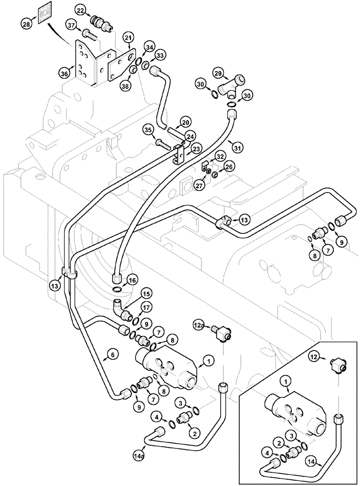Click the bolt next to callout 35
tap(163, 143)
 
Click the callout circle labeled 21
tap(128, 38)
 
